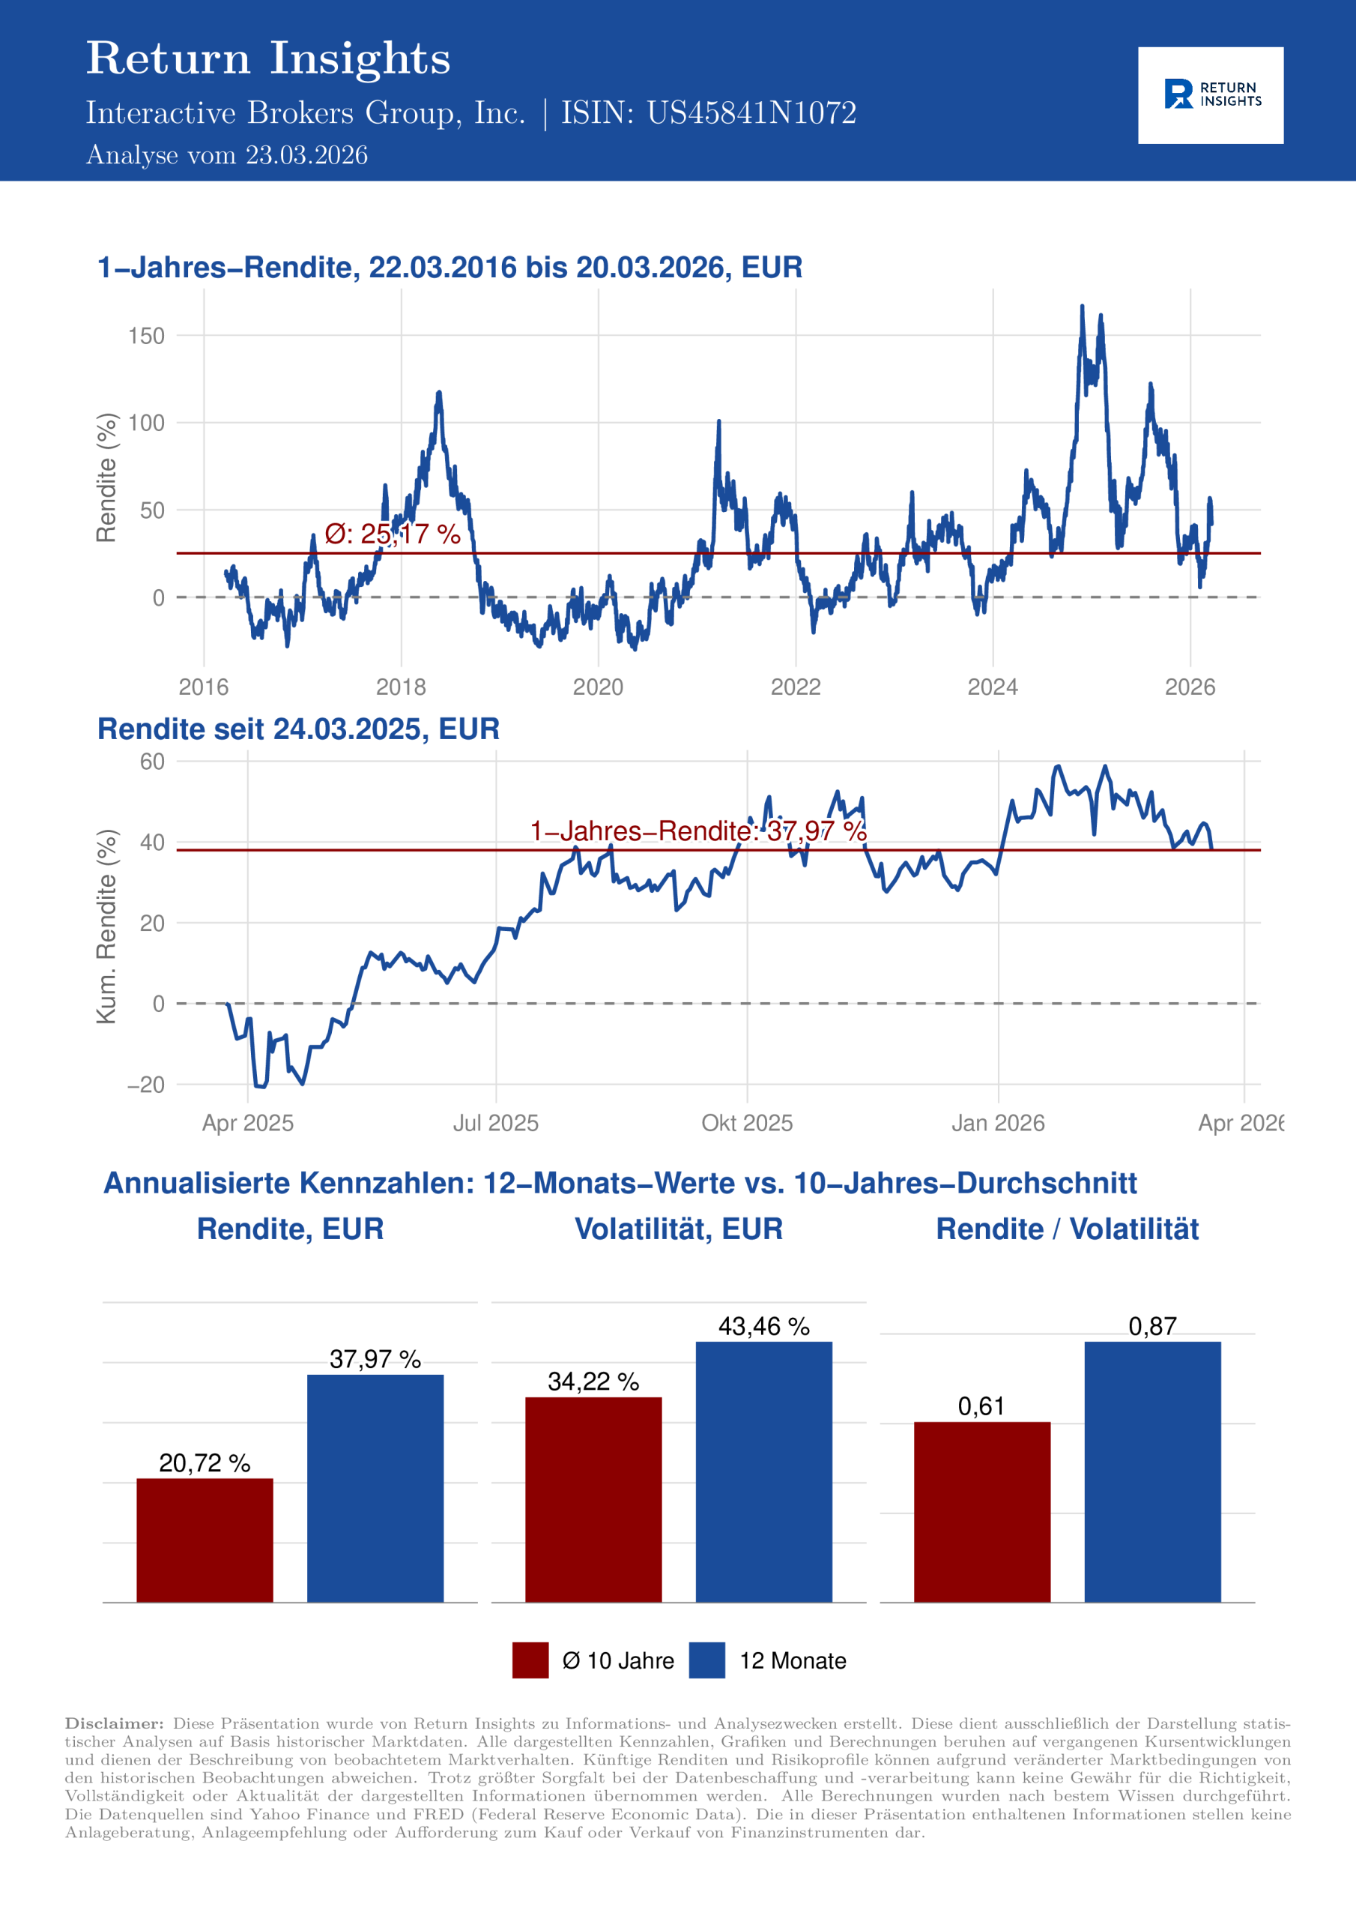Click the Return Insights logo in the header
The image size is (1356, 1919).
coord(1210,94)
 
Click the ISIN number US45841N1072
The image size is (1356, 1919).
coord(751,113)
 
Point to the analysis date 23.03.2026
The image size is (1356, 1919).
coord(306,155)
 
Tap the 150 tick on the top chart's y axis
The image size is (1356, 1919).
coord(146,336)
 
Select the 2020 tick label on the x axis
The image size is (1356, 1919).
coord(597,687)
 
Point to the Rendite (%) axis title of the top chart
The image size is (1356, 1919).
coord(106,478)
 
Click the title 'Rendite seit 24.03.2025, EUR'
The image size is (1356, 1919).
coord(298,729)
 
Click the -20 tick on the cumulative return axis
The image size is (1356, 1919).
coord(146,1084)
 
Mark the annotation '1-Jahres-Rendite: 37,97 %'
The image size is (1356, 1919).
coord(697,831)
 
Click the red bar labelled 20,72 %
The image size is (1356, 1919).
coord(205,1540)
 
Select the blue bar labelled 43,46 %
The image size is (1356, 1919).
coord(763,1471)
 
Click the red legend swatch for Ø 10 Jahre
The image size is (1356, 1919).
coord(530,1660)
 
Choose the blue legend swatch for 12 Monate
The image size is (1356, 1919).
coord(706,1660)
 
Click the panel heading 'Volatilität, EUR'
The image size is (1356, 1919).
coord(679,1229)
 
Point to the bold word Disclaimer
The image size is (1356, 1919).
coord(115,1723)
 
